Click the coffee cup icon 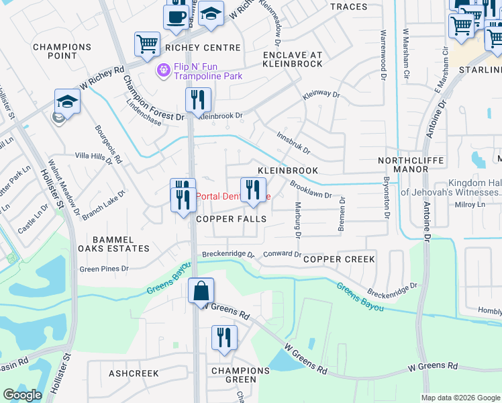coord(177,17)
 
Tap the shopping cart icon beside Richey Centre coord(147,44)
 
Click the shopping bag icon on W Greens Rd coord(201,292)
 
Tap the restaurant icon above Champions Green coord(224,338)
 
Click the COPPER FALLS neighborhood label coord(231,220)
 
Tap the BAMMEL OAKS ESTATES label coord(113,244)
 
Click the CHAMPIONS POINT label coord(62,52)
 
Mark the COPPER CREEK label coord(334,259)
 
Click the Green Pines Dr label coord(103,269)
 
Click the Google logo coord(23,395)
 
